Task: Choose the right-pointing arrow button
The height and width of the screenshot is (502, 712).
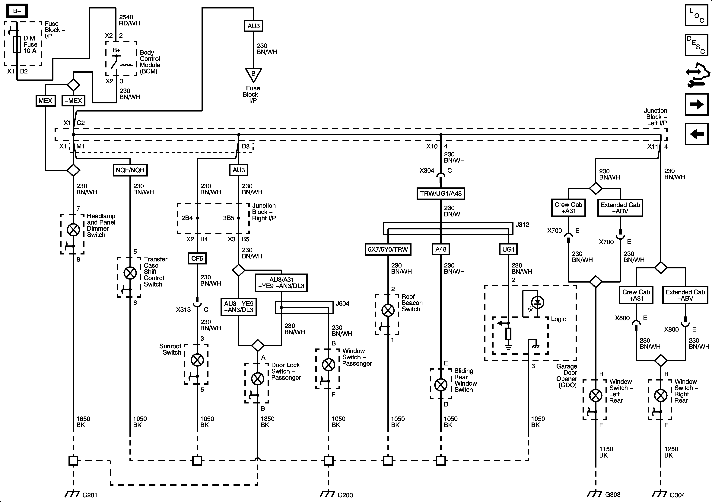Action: (697, 104)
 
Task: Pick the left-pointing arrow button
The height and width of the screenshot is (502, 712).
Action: (697, 134)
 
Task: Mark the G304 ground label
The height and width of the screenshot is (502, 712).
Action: (677, 495)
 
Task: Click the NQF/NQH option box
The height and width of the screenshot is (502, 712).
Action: (130, 170)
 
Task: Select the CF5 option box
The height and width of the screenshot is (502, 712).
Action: (197, 258)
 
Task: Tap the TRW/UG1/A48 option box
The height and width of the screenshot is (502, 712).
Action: (441, 193)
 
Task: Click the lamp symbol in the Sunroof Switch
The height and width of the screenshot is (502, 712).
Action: (197, 360)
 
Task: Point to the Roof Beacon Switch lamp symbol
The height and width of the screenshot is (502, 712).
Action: (388, 310)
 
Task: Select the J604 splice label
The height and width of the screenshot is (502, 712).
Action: (343, 303)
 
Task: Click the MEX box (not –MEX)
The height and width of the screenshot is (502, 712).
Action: (46, 101)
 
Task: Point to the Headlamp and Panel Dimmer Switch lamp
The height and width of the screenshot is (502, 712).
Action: (74, 230)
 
